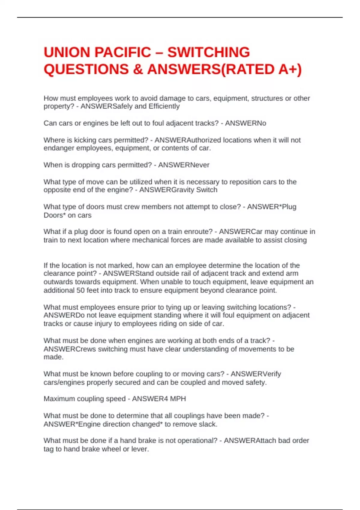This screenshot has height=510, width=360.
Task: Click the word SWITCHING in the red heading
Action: click(208, 52)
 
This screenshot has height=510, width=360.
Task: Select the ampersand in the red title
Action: click(138, 70)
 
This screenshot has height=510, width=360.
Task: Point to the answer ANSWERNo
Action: click(245, 123)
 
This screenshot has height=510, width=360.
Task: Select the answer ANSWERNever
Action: click(184, 165)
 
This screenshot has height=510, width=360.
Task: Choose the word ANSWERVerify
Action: click(256, 374)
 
